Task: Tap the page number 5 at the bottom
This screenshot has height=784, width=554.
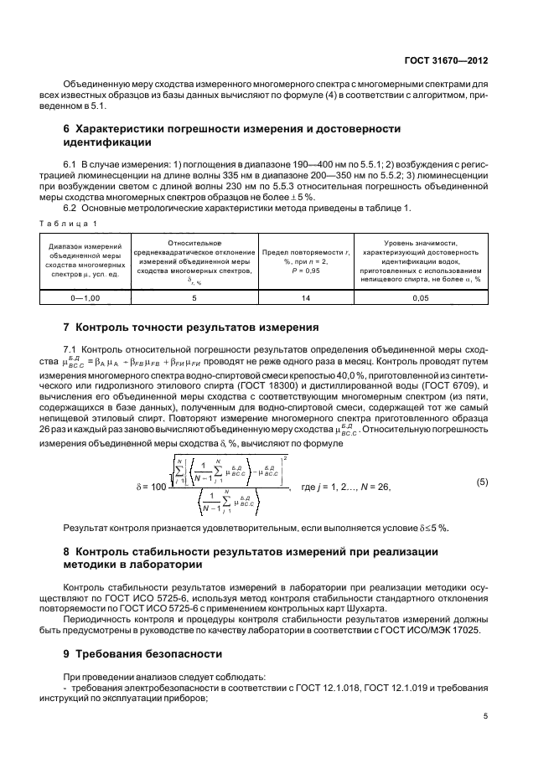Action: click(487, 715)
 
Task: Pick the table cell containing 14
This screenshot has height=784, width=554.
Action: click(305, 297)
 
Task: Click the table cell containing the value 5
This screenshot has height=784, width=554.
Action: click(194, 297)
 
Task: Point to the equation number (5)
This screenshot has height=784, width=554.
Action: click(482, 482)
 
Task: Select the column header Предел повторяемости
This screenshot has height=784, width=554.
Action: click(305, 251)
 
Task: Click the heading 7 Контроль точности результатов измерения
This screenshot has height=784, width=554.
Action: click(192, 327)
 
